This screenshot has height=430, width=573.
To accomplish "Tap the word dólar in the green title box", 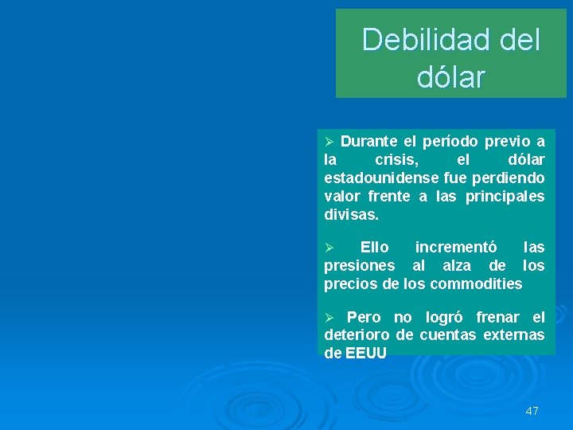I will pyautogui.click(x=450, y=77).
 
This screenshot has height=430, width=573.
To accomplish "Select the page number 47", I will pyautogui.click(x=532, y=411).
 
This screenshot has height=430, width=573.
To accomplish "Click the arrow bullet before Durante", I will pyautogui.click(x=330, y=143).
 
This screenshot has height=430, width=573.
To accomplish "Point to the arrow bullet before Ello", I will pyautogui.click(x=330, y=248).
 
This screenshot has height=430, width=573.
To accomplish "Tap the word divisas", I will pyautogui.click(x=352, y=214).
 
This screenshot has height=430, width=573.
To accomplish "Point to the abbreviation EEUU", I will pyautogui.click(x=366, y=353).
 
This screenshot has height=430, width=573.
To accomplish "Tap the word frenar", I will pyautogui.click(x=499, y=318).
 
